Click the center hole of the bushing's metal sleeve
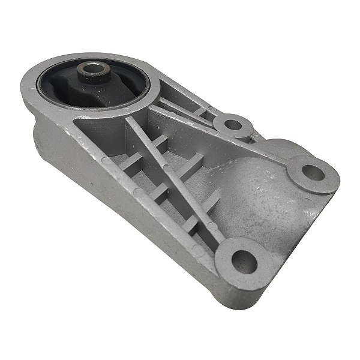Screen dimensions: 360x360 pyautogui.click(x=93, y=70)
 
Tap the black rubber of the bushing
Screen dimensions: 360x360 pyautogui.click(x=72, y=90)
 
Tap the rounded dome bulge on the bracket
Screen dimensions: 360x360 pyautogui.click(x=264, y=192)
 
